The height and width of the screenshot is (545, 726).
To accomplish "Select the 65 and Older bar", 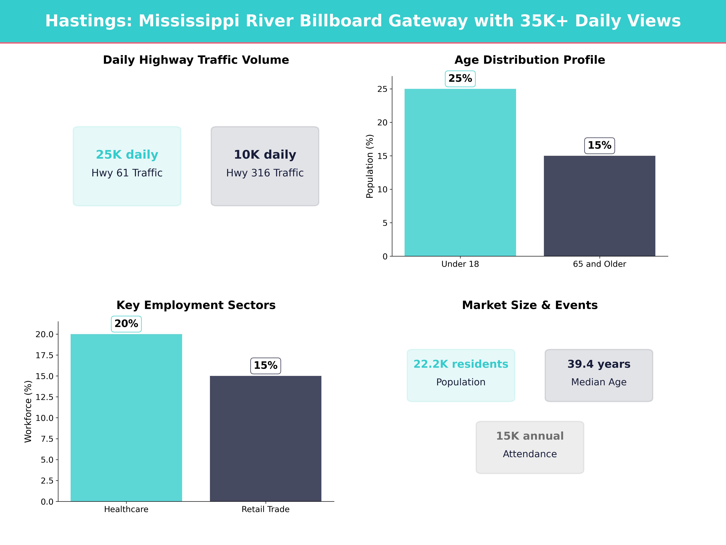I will pyautogui.click(x=599, y=206).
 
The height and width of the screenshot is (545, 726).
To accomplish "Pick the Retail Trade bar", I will pyautogui.click(x=266, y=439).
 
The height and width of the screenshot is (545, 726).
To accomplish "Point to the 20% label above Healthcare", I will pyautogui.click(x=126, y=324).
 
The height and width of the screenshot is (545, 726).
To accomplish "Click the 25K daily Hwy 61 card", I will pyautogui.click(x=127, y=166).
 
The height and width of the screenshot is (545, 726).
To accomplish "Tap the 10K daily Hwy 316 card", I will pyautogui.click(x=265, y=166).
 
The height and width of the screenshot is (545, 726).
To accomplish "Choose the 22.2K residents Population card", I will pyautogui.click(x=461, y=375).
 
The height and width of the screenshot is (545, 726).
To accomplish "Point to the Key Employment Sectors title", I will pyautogui.click(x=196, y=305).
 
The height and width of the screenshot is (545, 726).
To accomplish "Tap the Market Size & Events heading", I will pyautogui.click(x=530, y=305).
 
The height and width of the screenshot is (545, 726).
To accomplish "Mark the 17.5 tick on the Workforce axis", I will pyautogui.click(x=44, y=355).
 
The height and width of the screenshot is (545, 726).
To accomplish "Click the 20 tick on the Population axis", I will pyautogui.click(x=382, y=122).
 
